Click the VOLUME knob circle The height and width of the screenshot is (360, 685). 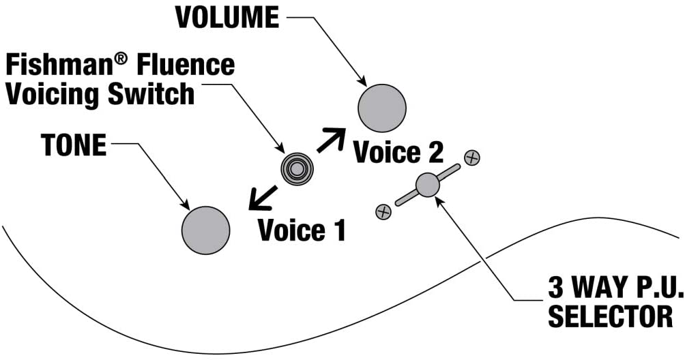(x=382, y=108)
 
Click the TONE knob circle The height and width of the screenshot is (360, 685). (x=206, y=230)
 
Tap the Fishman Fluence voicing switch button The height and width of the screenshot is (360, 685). (x=296, y=167)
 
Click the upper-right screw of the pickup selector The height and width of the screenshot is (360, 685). (x=471, y=158)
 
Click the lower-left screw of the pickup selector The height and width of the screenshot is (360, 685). (x=383, y=211)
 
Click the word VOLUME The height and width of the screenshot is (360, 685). (x=227, y=18)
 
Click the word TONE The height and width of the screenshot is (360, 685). (x=74, y=145)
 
